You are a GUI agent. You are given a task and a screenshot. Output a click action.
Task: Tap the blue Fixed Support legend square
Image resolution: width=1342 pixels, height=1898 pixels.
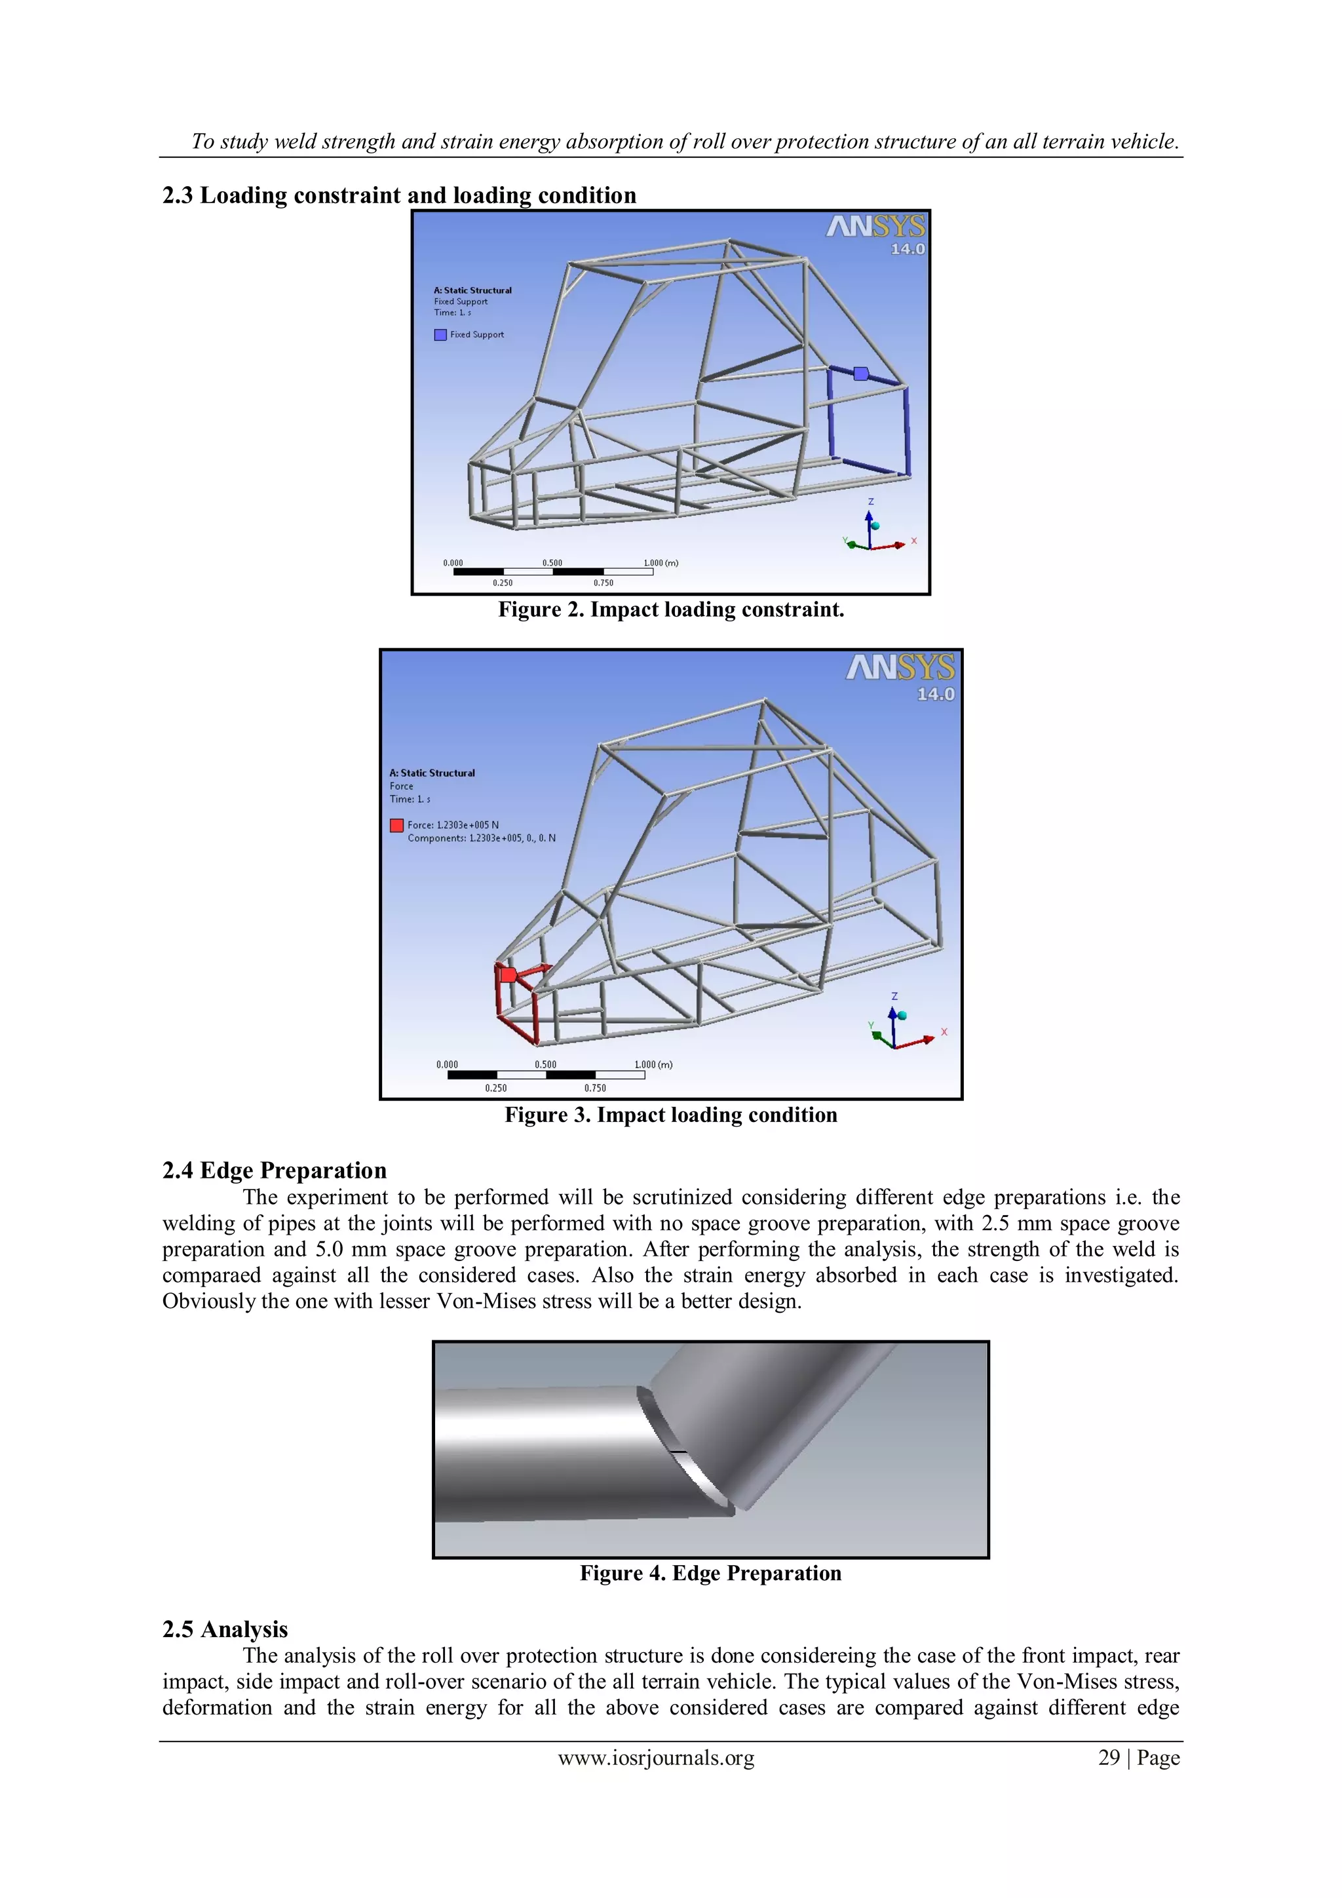[440, 335]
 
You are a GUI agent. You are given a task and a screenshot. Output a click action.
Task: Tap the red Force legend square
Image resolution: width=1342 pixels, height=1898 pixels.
[396, 825]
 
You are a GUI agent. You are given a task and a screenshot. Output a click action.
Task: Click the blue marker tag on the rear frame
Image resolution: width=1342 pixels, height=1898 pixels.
[860, 374]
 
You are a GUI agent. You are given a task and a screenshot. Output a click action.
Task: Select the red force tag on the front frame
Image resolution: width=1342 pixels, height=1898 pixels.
[509, 975]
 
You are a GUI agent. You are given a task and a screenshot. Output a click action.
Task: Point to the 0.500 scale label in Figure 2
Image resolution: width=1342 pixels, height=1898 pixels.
[552, 563]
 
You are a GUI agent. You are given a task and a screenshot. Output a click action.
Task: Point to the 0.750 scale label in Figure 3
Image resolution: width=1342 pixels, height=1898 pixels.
[595, 1088]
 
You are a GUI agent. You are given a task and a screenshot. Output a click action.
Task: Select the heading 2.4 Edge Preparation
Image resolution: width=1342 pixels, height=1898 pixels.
[275, 1171]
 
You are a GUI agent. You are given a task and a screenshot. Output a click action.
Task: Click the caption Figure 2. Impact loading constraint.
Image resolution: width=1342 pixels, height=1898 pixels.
[671, 610]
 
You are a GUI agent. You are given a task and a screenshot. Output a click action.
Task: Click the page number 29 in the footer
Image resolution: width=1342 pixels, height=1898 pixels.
[1108, 1758]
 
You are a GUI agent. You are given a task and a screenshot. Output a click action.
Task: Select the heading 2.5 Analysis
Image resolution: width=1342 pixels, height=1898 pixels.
[225, 1629]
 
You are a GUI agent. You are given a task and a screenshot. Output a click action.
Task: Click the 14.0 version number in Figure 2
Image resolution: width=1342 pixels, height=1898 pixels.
[908, 249]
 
